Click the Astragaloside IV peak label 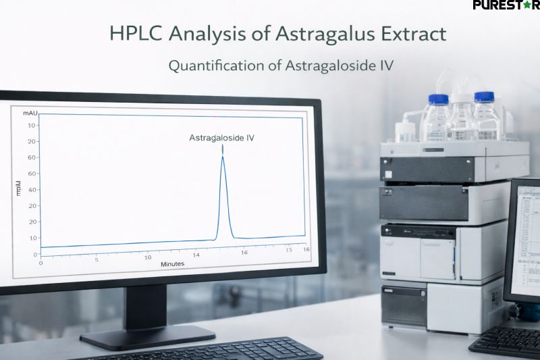pyautogui.click(x=221, y=138)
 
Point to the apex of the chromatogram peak pyautogui.click(x=223, y=157)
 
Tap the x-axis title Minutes pyautogui.click(x=173, y=263)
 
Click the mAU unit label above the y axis pyautogui.click(x=29, y=112)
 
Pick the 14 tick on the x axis pyautogui.click(x=196, y=255)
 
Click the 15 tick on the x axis pyautogui.click(x=288, y=251)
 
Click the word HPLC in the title pyautogui.click(x=132, y=34)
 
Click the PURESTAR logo pyautogui.click(x=506, y=6)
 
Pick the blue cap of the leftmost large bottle pyautogui.click(x=438, y=99)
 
